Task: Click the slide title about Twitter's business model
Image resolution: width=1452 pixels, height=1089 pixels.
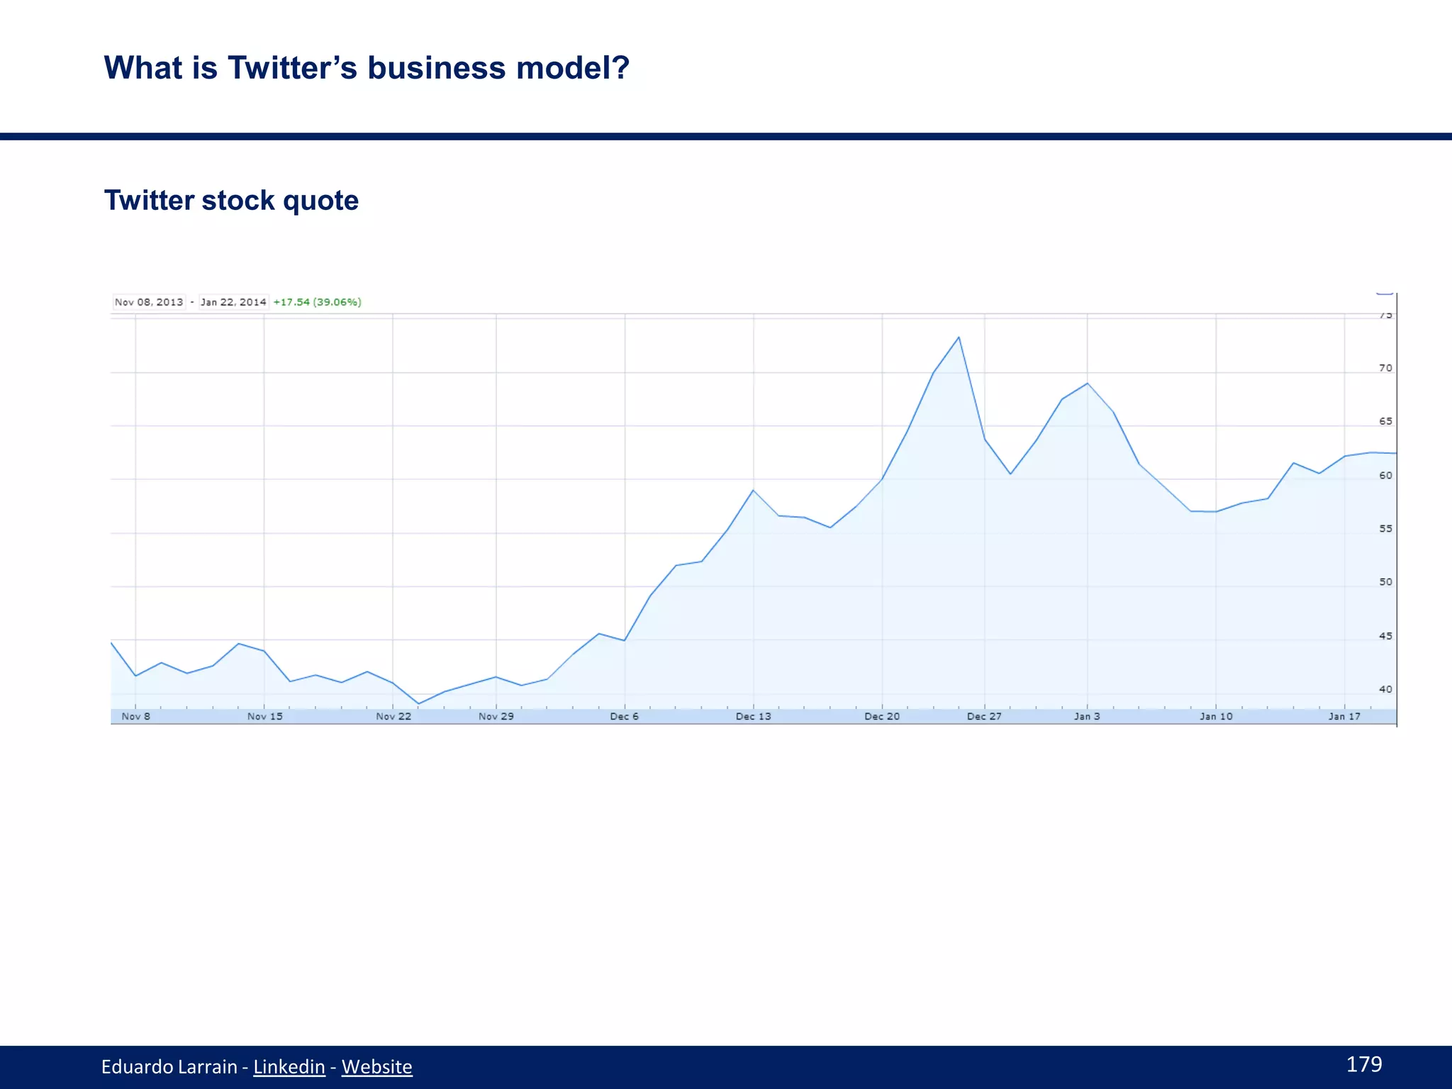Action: point(367,68)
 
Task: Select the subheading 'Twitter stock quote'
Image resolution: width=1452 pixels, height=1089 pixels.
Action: point(231,201)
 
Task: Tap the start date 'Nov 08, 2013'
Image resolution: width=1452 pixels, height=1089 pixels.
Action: point(149,302)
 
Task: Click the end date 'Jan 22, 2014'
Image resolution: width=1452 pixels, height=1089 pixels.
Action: point(233,302)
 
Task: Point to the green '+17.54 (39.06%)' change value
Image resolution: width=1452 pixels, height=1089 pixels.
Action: point(317,302)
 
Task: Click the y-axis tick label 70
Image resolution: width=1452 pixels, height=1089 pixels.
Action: point(1385,368)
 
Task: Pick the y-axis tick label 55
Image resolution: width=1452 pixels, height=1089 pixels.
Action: point(1385,529)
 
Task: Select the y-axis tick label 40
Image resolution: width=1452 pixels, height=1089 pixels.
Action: point(1385,689)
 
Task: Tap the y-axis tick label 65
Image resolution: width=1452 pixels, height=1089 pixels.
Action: point(1385,421)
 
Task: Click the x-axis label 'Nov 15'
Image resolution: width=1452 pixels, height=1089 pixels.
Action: point(264,717)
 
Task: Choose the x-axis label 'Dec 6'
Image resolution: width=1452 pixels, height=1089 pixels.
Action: point(624,717)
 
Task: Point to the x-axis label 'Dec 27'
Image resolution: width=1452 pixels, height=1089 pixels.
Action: point(984,717)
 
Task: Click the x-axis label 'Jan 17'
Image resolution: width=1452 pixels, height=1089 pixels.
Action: point(1344,717)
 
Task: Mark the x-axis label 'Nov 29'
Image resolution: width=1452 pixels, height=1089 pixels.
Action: point(496,717)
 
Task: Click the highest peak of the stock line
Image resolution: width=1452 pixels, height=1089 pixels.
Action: point(959,337)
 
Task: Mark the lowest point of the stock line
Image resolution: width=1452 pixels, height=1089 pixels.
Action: point(419,703)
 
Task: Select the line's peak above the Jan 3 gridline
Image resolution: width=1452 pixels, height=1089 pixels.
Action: point(1087,384)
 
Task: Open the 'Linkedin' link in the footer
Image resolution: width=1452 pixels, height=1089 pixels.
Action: point(289,1067)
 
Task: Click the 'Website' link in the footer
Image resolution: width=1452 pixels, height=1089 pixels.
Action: point(376,1067)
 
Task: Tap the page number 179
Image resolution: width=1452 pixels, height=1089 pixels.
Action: point(1363,1064)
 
